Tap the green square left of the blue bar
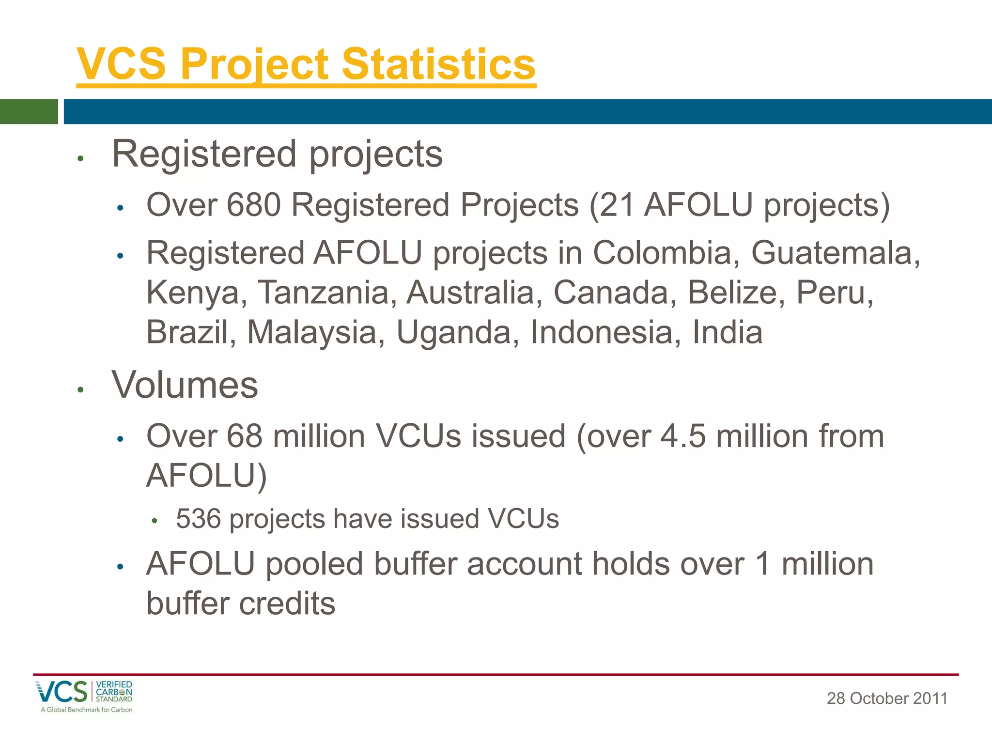(29, 111)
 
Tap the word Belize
(732, 293)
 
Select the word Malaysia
(312, 332)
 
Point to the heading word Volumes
(185, 385)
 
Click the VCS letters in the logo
(62, 692)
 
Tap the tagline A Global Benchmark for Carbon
(86, 710)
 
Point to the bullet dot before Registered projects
(81, 158)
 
